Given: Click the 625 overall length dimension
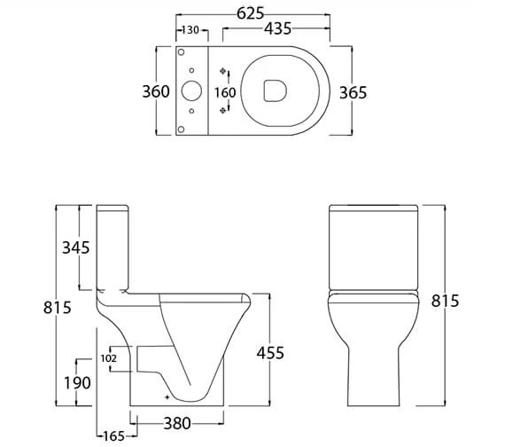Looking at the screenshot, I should point(252,13).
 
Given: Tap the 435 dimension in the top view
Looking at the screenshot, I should point(277,29).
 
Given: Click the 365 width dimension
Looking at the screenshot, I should point(353,91).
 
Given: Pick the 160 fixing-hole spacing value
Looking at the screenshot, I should point(225,91).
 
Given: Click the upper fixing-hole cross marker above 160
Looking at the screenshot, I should point(224,71).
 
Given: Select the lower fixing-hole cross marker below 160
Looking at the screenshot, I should point(224,112).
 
